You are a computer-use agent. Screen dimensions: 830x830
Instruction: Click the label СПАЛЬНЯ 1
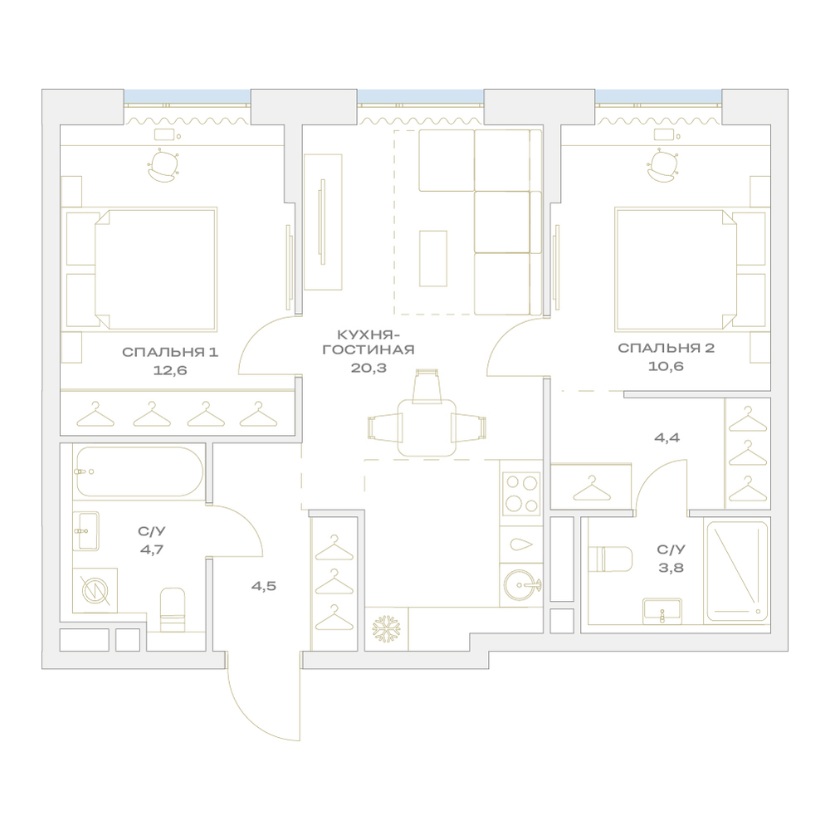pyautogui.click(x=170, y=352)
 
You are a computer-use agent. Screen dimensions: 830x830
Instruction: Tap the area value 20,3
pyautogui.click(x=369, y=368)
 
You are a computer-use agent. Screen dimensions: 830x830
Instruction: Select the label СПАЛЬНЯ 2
pyautogui.click(x=666, y=348)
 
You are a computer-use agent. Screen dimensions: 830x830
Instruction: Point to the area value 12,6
pyautogui.click(x=170, y=370)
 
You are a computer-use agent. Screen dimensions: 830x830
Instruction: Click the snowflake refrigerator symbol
pyautogui.click(x=387, y=629)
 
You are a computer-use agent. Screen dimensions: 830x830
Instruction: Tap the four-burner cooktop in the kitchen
pyautogui.click(x=521, y=492)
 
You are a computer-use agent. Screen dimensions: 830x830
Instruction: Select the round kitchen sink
pyautogui.click(x=521, y=585)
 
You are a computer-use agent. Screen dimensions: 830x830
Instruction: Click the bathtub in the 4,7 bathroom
pyautogui.click(x=139, y=471)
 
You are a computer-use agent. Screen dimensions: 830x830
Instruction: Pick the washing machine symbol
pyautogui.click(x=95, y=590)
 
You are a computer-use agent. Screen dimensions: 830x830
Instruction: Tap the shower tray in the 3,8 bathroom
pyautogui.click(x=737, y=572)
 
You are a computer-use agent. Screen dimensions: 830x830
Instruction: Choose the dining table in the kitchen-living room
pyautogui.click(x=427, y=427)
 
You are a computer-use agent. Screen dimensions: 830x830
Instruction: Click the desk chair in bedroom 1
pyautogui.click(x=163, y=166)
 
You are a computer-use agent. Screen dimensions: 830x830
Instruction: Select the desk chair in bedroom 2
pyautogui.click(x=662, y=166)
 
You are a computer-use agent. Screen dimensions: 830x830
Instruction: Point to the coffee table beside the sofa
pyautogui.click(x=433, y=258)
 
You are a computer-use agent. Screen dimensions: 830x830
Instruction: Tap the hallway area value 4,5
pyautogui.click(x=264, y=586)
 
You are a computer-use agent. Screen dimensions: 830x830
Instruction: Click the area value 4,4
pyautogui.click(x=667, y=437)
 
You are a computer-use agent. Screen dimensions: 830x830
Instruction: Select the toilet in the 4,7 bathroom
pyautogui.click(x=173, y=608)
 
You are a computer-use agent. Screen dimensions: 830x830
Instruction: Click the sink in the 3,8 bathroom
pyautogui.click(x=662, y=611)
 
